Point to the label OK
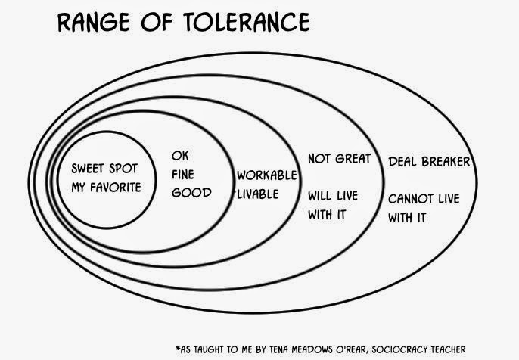click(179, 156)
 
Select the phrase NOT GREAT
click(338, 159)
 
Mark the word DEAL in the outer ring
click(403, 162)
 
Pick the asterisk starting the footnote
click(177, 348)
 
